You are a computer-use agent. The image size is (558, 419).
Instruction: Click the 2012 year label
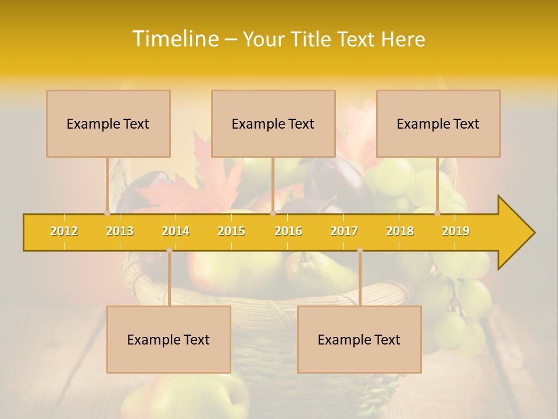coord(64,231)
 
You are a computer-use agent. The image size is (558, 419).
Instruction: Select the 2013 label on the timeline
coord(120,231)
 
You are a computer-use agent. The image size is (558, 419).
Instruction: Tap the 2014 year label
coord(176,231)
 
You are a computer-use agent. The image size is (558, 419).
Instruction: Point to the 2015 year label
coord(231,231)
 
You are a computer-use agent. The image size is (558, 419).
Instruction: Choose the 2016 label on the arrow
coord(288,231)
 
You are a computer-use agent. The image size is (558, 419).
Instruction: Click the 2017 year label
coord(344,231)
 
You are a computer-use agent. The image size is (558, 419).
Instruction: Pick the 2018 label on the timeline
coord(400,231)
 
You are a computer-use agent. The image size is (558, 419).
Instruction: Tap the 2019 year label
coord(456,231)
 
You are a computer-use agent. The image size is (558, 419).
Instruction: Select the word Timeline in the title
coord(174,39)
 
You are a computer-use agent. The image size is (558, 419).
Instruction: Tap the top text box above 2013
coord(108,123)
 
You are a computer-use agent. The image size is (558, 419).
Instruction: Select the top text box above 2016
coord(273,123)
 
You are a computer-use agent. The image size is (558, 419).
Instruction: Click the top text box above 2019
coord(438,123)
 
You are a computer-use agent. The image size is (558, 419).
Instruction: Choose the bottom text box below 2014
coord(169,339)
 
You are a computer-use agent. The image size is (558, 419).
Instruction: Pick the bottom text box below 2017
coord(359,339)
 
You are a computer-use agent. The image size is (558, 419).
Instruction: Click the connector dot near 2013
coord(107,213)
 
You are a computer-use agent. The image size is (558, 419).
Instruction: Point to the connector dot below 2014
coord(169,250)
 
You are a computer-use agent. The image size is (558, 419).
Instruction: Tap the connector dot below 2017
coord(360,250)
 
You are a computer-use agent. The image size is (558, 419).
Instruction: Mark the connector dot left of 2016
coord(273,213)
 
